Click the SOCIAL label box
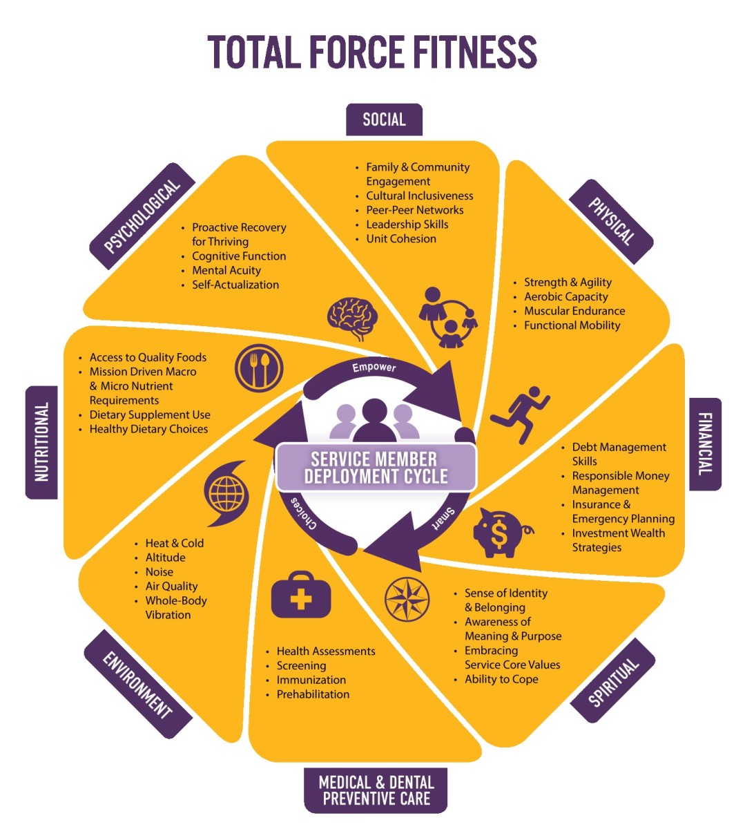pyautogui.click(x=384, y=120)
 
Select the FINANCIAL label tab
pyautogui.click(x=705, y=444)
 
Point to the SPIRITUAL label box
pyautogui.click(x=612, y=683)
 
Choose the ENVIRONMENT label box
pyautogui.click(x=137, y=684)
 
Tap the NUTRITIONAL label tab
pyautogui.click(x=41, y=441)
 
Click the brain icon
pyautogui.click(x=352, y=318)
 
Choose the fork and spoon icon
pyautogui.click(x=259, y=368)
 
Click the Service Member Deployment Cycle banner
pyautogui.click(x=376, y=468)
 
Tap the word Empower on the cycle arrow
pyautogui.click(x=374, y=368)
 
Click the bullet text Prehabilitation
pyautogui.click(x=313, y=694)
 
